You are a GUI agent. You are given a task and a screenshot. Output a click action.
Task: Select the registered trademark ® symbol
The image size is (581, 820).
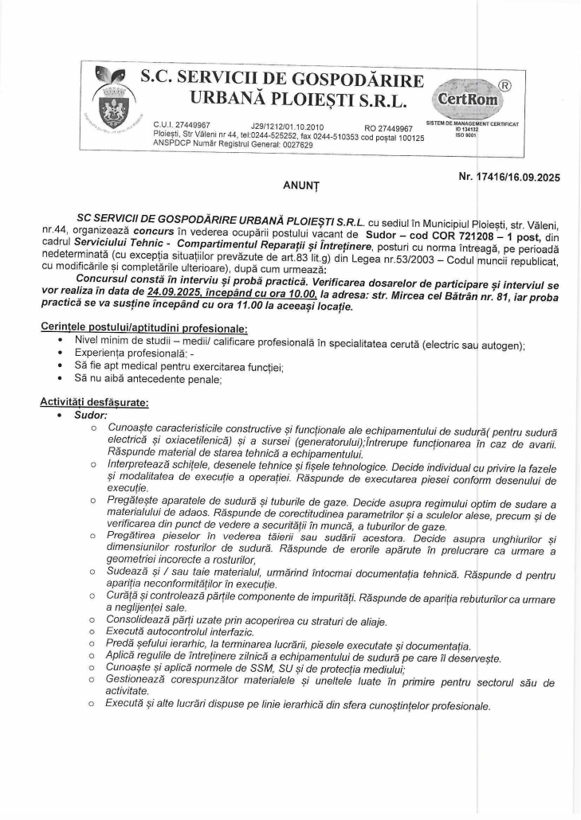click(x=503, y=81)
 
